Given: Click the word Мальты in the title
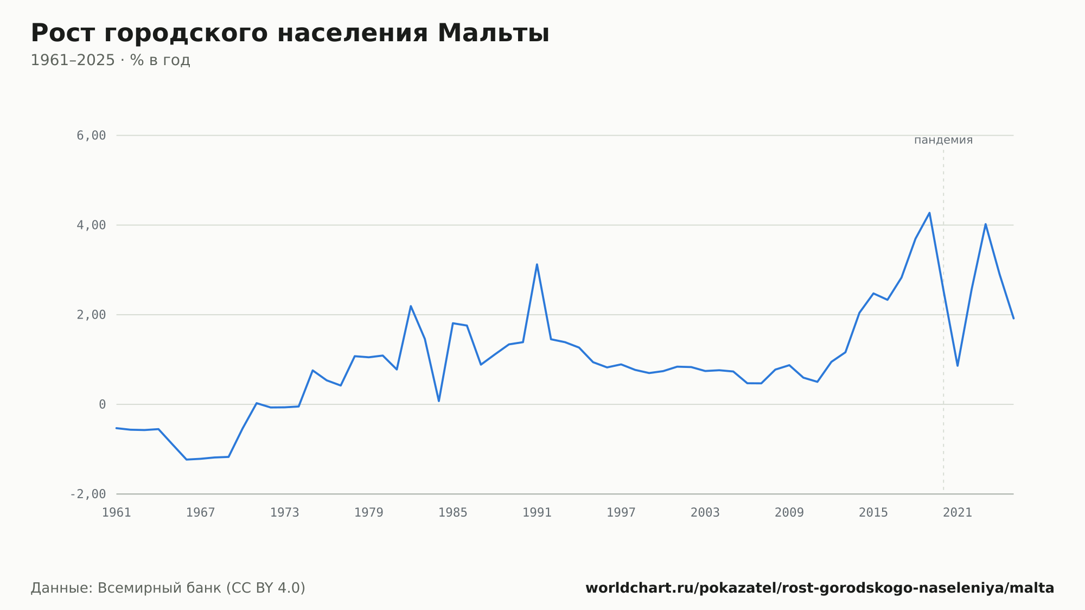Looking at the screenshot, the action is (x=493, y=34).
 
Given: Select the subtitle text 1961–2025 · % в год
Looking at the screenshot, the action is (x=110, y=60).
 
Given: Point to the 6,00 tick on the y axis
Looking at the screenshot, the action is (x=91, y=136).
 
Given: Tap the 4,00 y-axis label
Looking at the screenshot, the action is (x=91, y=225).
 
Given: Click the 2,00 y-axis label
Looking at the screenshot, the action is (x=91, y=315).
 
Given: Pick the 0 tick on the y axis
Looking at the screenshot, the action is (x=103, y=404).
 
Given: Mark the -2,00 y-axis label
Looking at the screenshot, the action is (x=88, y=494).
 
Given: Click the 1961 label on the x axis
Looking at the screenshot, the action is (x=117, y=513).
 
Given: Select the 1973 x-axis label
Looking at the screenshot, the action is (x=285, y=513).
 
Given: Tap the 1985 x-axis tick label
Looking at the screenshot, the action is (x=453, y=513).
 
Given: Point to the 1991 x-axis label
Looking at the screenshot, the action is (x=537, y=513).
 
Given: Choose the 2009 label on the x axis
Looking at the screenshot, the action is (x=789, y=513).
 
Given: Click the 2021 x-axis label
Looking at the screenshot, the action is (x=958, y=513).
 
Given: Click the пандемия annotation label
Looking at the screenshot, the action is (x=943, y=140).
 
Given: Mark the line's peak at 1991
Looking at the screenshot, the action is (x=537, y=264).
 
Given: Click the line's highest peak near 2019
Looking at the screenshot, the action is (x=929, y=213).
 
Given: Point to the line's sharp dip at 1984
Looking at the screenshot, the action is (x=439, y=401).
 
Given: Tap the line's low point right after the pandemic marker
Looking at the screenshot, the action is (x=958, y=366).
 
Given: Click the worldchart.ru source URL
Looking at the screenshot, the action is (x=820, y=588).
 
